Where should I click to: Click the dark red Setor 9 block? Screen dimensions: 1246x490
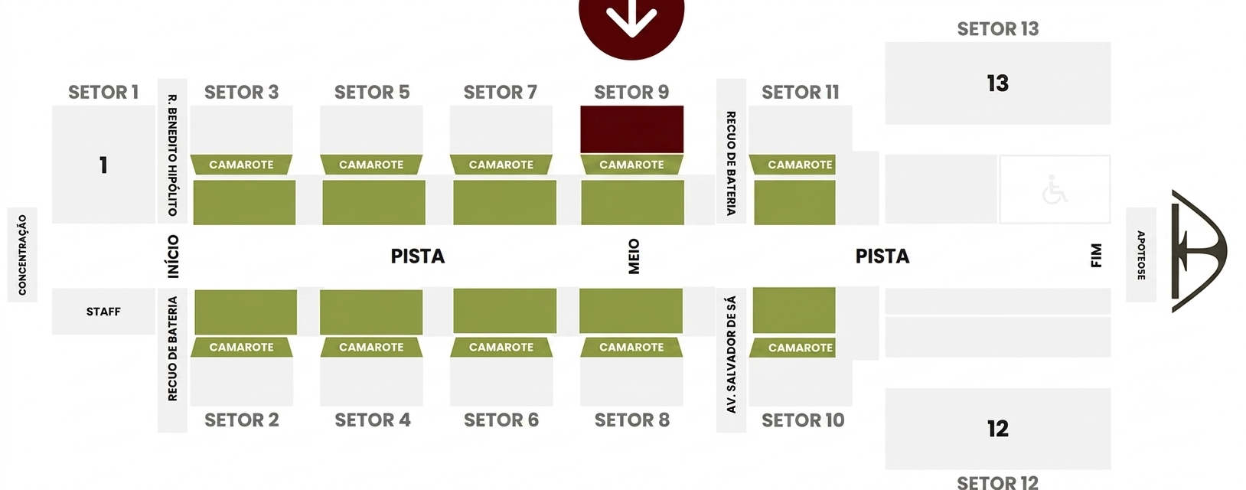point(632,129)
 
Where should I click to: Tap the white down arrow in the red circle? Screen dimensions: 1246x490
point(632,17)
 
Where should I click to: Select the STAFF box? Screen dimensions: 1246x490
point(103,312)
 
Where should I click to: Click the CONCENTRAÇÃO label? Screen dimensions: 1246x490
point(22,255)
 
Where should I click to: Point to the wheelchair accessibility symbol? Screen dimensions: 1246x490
point(1055,190)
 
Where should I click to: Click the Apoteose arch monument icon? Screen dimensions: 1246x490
point(1196,251)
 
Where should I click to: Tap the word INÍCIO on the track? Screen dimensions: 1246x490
point(173,256)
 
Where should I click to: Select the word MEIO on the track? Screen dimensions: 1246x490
point(634,256)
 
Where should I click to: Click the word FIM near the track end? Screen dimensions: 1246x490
point(1096,255)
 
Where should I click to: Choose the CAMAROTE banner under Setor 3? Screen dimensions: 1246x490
point(241,165)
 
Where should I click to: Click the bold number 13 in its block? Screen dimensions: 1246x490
point(998,83)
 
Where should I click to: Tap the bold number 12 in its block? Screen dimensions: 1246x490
point(998,429)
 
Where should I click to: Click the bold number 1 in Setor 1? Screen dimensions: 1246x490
point(103,165)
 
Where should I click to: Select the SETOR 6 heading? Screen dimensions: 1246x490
point(501,420)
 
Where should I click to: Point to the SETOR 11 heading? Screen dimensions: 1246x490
point(801,92)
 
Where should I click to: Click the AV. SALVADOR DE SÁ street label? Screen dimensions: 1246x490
point(731,354)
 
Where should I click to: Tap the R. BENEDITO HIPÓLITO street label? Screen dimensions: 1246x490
point(172,155)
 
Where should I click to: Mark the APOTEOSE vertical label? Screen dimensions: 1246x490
point(1141,255)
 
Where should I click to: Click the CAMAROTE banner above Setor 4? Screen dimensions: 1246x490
point(371,347)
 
